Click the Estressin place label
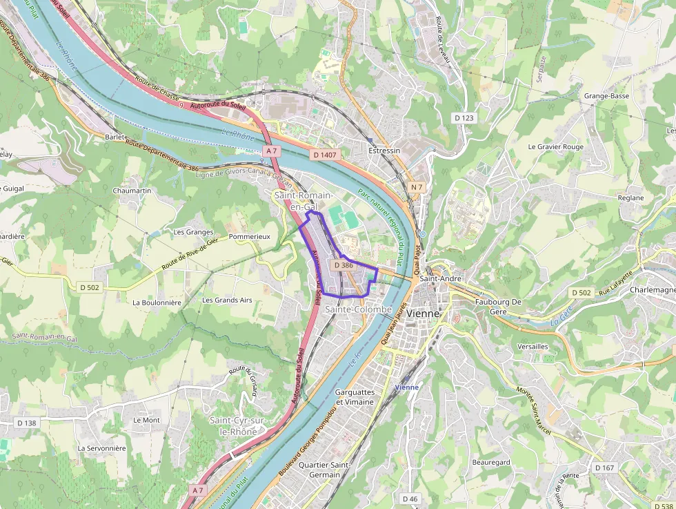click(384, 151)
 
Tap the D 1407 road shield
click(324, 155)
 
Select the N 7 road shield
click(416, 187)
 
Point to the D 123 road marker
click(464, 118)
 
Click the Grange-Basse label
click(606, 96)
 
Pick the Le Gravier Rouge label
click(555, 147)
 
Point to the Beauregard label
click(490, 462)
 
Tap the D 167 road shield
click(604, 468)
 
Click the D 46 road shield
click(410, 499)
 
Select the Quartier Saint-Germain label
click(324, 470)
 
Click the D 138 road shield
click(27, 423)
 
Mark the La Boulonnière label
click(157, 302)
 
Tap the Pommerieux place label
click(249, 236)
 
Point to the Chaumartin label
click(132, 190)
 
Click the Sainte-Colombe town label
click(358, 310)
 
